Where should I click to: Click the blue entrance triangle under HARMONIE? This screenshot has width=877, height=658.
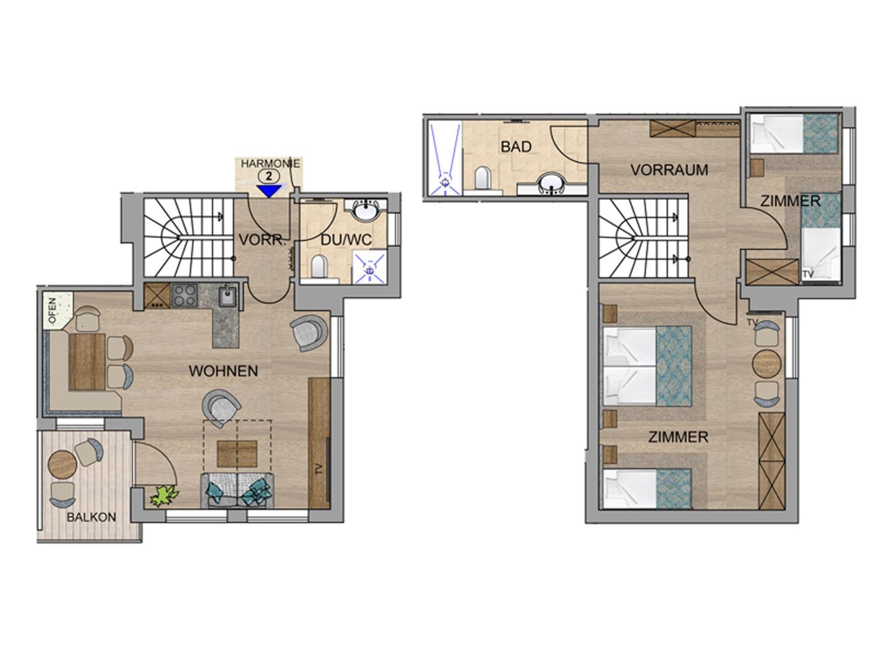click(x=268, y=191)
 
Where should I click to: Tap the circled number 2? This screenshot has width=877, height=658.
click(x=269, y=175)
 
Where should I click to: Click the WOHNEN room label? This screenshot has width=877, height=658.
click(x=224, y=371)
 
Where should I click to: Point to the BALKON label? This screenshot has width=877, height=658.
click(x=91, y=517)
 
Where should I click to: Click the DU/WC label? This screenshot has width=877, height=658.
click(x=346, y=240)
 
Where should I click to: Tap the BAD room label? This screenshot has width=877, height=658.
click(x=516, y=147)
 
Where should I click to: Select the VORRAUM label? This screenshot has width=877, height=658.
click(x=669, y=170)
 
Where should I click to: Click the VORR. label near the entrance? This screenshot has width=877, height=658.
click(x=262, y=240)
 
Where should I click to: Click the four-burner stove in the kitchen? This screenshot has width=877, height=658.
click(x=184, y=296)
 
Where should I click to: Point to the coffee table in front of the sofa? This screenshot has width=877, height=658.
click(x=237, y=454)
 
